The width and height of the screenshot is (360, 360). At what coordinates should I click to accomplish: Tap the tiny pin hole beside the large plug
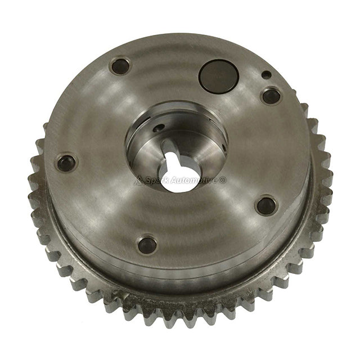tap(265, 74)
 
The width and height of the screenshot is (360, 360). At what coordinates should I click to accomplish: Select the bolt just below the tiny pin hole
tap(271, 96)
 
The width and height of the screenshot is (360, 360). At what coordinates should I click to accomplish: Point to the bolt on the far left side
tap(66, 164)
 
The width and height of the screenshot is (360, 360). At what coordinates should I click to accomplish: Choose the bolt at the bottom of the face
tap(147, 244)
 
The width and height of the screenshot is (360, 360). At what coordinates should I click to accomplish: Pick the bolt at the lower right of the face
tap(265, 205)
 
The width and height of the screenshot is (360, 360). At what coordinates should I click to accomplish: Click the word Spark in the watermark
tap(157, 181)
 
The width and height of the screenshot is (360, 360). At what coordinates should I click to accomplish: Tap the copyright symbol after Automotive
tap(223, 181)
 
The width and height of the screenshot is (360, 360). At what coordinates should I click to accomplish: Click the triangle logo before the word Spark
tap(139, 181)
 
